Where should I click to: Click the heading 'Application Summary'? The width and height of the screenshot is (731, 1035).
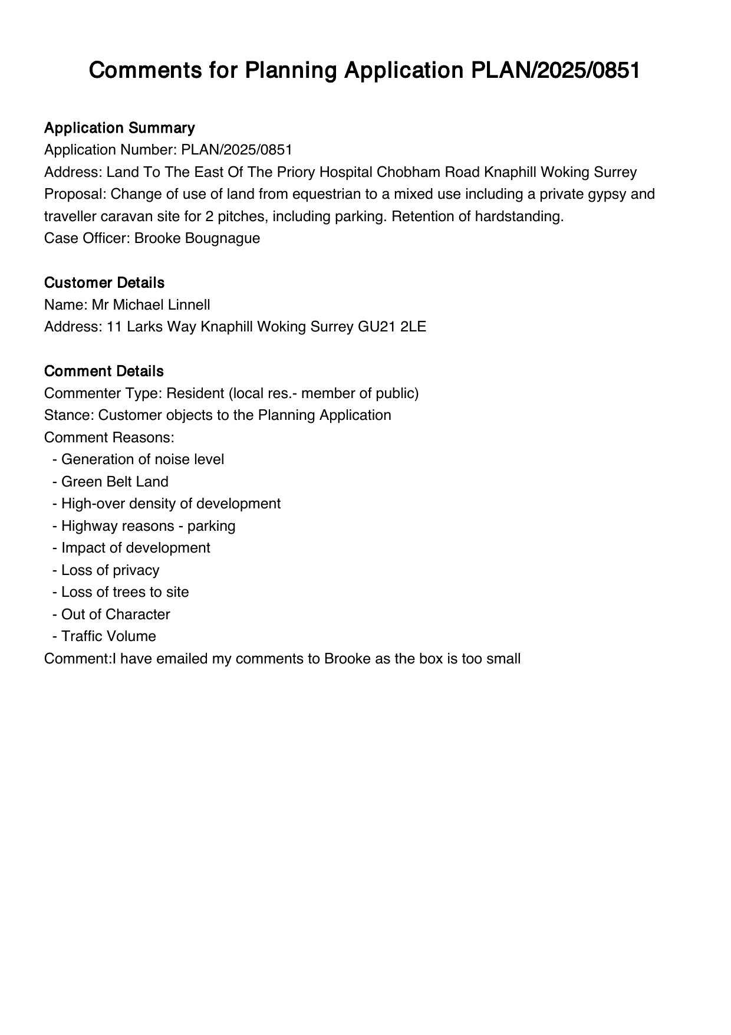pyautogui.click(x=119, y=128)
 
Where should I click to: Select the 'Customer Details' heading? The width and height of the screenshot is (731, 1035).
pyautogui.click(x=104, y=283)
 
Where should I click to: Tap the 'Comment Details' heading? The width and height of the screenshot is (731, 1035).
pyautogui.click(x=104, y=372)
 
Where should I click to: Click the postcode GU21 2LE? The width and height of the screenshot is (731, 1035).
pyautogui.click(x=392, y=327)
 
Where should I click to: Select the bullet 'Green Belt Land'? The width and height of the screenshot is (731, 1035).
pyautogui.click(x=115, y=482)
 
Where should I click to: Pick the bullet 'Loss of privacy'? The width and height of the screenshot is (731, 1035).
pyautogui.click(x=110, y=570)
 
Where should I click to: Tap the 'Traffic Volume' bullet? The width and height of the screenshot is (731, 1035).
pyautogui.click(x=108, y=636)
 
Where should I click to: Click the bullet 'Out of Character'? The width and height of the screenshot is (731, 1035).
pyautogui.click(x=116, y=615)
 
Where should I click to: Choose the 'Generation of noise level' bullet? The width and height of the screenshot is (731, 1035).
pyautogui.click(x=143, y=459)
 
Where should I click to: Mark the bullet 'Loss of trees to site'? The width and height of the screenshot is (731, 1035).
pyautogui.click(x=125, y=592)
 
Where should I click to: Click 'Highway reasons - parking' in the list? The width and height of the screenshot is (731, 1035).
pyautogui.click(x=149, y=526)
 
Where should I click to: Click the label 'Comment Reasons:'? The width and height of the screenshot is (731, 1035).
pyautogui.click(x=109, y=438)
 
